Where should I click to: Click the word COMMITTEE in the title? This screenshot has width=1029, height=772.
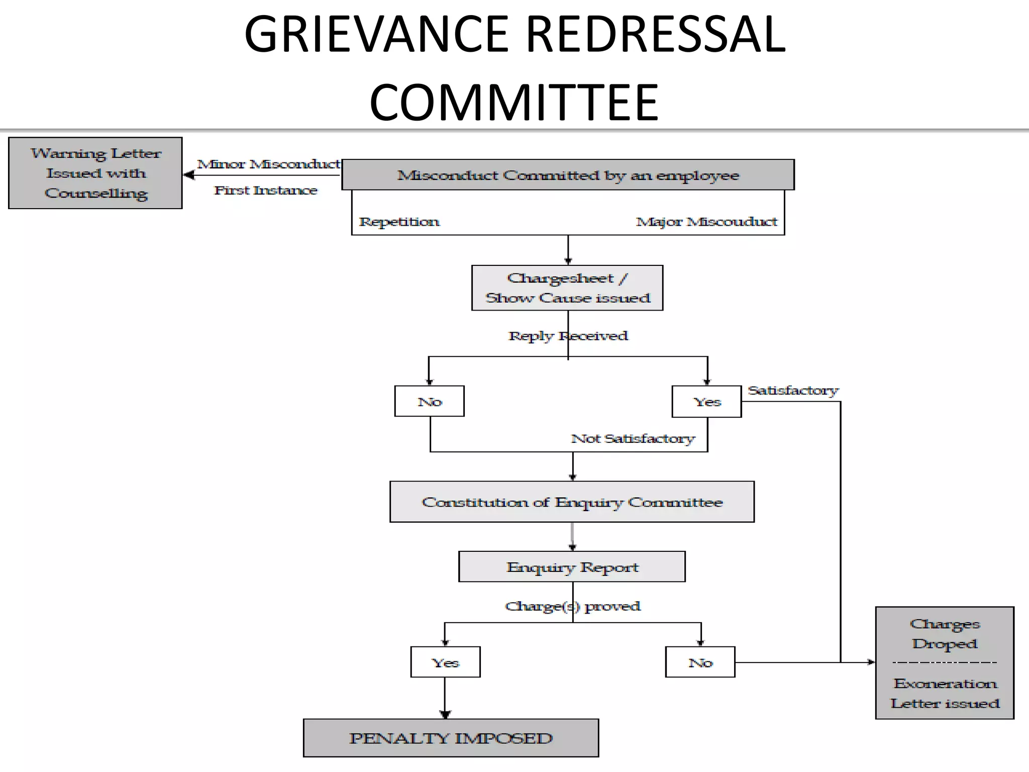point(513,103)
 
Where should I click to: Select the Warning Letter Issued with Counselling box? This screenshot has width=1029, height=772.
point(95,173)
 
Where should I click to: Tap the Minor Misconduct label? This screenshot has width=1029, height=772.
point(268,164)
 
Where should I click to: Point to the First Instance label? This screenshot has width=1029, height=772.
point(265,190)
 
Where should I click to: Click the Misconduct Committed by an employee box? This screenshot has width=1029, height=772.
point(568,175)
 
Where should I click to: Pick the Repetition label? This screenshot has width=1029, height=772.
point(399,222)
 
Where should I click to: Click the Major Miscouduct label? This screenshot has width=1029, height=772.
point(706,222)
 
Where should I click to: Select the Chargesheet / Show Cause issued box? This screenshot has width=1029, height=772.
point(567,288)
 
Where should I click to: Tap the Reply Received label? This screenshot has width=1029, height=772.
point(568,336)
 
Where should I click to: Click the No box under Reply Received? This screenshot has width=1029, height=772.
point(430,402)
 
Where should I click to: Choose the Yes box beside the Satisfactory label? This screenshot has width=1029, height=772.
point(706,402)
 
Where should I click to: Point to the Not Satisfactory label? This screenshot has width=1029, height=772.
point(633,438)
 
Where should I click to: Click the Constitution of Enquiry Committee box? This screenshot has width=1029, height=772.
point(572,502)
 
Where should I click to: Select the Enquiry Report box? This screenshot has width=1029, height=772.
point(572,567)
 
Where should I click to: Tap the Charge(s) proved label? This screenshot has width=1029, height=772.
point(572,606)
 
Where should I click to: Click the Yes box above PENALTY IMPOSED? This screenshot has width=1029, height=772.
point(445,662)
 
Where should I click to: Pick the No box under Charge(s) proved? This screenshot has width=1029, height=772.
point(700,662)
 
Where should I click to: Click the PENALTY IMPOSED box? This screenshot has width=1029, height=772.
point(451,738)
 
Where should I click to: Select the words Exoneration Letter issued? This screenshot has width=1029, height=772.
point(945,694)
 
